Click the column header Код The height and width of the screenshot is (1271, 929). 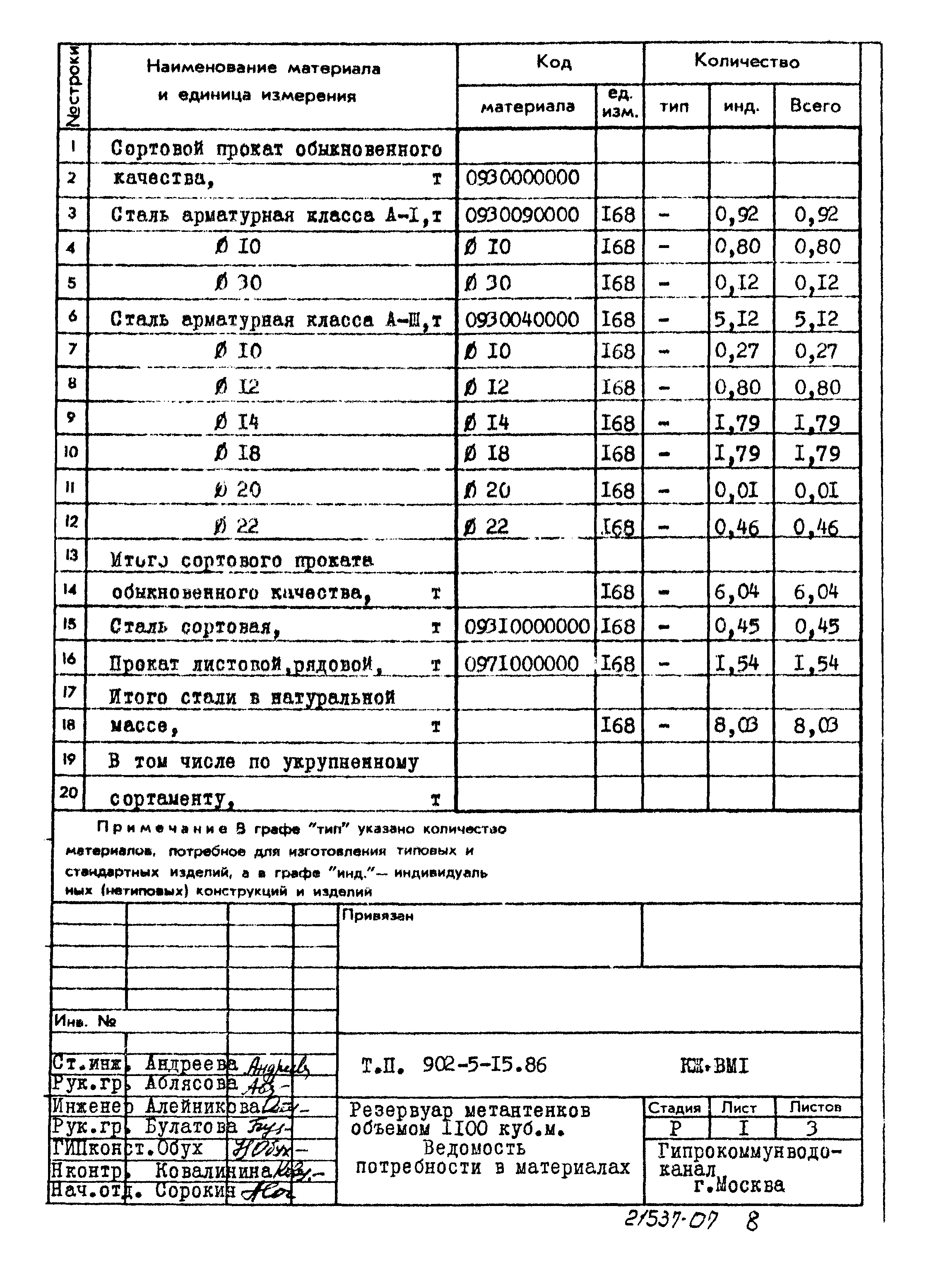[554, 62]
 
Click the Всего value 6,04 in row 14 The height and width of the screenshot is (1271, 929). [816, 592]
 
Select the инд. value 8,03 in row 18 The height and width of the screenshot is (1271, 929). [736, 725]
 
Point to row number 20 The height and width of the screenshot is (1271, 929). [69, 792]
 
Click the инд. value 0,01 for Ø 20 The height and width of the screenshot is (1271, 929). [736, 491]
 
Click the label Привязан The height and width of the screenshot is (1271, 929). [378, 915]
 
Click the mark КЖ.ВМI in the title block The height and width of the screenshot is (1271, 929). [714, 1066]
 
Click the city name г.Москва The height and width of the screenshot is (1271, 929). [739, 1185]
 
